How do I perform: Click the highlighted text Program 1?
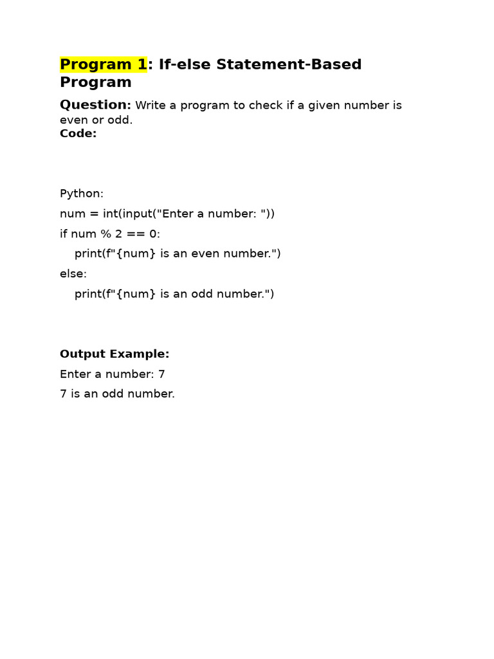point(104,64)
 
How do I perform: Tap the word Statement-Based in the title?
point(289,64)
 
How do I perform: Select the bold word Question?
point(95,105)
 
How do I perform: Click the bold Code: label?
point(78,133)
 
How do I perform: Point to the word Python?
point(82,194)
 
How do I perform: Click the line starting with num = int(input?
point(167,214)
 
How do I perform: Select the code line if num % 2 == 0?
point(110,234)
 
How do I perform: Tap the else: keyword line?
point(73,274)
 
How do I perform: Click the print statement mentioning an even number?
point(178,254)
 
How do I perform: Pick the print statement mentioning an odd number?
point(174,293)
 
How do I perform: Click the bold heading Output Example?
point(114,354)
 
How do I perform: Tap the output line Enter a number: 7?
point(113,374)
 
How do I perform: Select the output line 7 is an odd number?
point(117,394)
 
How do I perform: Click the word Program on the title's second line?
point(95,82)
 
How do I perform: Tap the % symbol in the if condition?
point(106,234)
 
